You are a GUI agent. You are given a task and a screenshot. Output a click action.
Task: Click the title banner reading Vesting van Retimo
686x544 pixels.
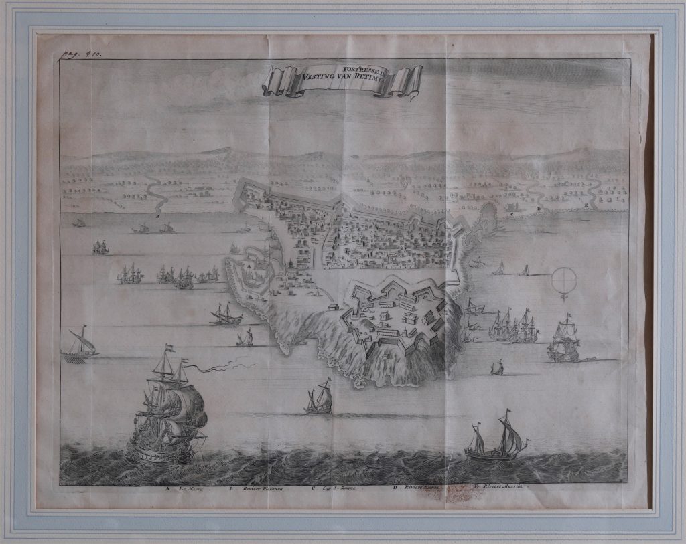342,80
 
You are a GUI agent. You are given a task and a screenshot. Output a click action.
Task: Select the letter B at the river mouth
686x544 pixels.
157,217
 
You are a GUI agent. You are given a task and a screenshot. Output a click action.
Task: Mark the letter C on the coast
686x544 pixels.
512,214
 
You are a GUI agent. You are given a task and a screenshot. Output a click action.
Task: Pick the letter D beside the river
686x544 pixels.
539,209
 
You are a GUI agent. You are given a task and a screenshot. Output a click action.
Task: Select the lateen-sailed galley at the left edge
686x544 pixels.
79,344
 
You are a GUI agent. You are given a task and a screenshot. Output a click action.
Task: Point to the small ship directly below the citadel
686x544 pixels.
320,398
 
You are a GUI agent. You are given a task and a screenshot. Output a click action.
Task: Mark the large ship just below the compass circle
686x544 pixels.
563,340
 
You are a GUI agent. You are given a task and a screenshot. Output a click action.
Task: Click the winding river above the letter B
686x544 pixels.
157,193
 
